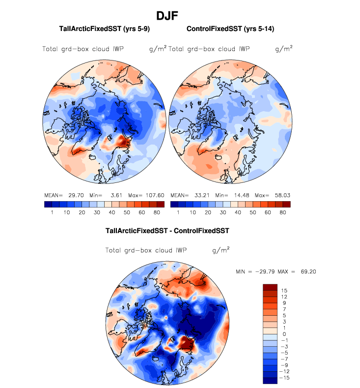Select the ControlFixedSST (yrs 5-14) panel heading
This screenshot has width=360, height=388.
click(230, 29)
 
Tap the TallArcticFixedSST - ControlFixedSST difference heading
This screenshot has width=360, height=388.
click(167, 230)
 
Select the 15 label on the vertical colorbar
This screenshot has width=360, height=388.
click(284, 291)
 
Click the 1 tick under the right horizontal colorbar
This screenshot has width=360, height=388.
click(178, 212)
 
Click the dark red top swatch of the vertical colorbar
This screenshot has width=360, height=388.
click(270, 287)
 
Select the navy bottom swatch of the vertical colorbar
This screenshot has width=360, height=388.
click(270, 380)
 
